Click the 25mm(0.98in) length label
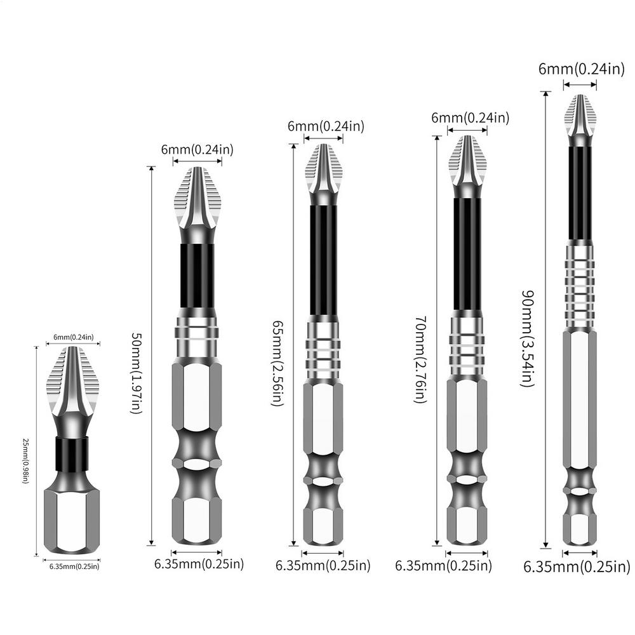click(x=25, y=460)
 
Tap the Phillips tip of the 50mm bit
click(x=197, y=203)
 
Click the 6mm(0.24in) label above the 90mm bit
click(x=581, y=69)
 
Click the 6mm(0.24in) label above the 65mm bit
click(x=326, y=126)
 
